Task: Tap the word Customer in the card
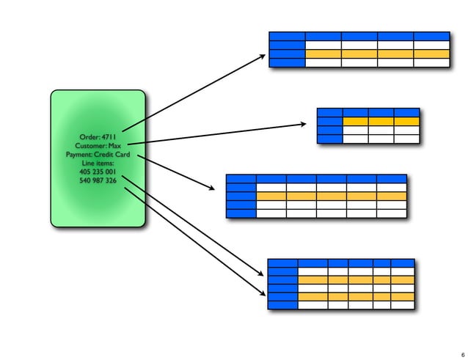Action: point(90,146)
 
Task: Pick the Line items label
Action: point(98,164)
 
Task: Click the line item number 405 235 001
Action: point(98,172)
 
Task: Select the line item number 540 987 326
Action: point(98,181)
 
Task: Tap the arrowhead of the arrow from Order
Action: point(262,56)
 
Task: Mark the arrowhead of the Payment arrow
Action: point(212,189)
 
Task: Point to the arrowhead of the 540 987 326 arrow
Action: point(263,295)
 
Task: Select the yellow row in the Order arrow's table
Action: point(376,54)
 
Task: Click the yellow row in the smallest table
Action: point(381,121)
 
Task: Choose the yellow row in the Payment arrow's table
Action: point(331,196)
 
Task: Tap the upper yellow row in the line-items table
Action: point(356,279)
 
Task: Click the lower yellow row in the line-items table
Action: point(356,296)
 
